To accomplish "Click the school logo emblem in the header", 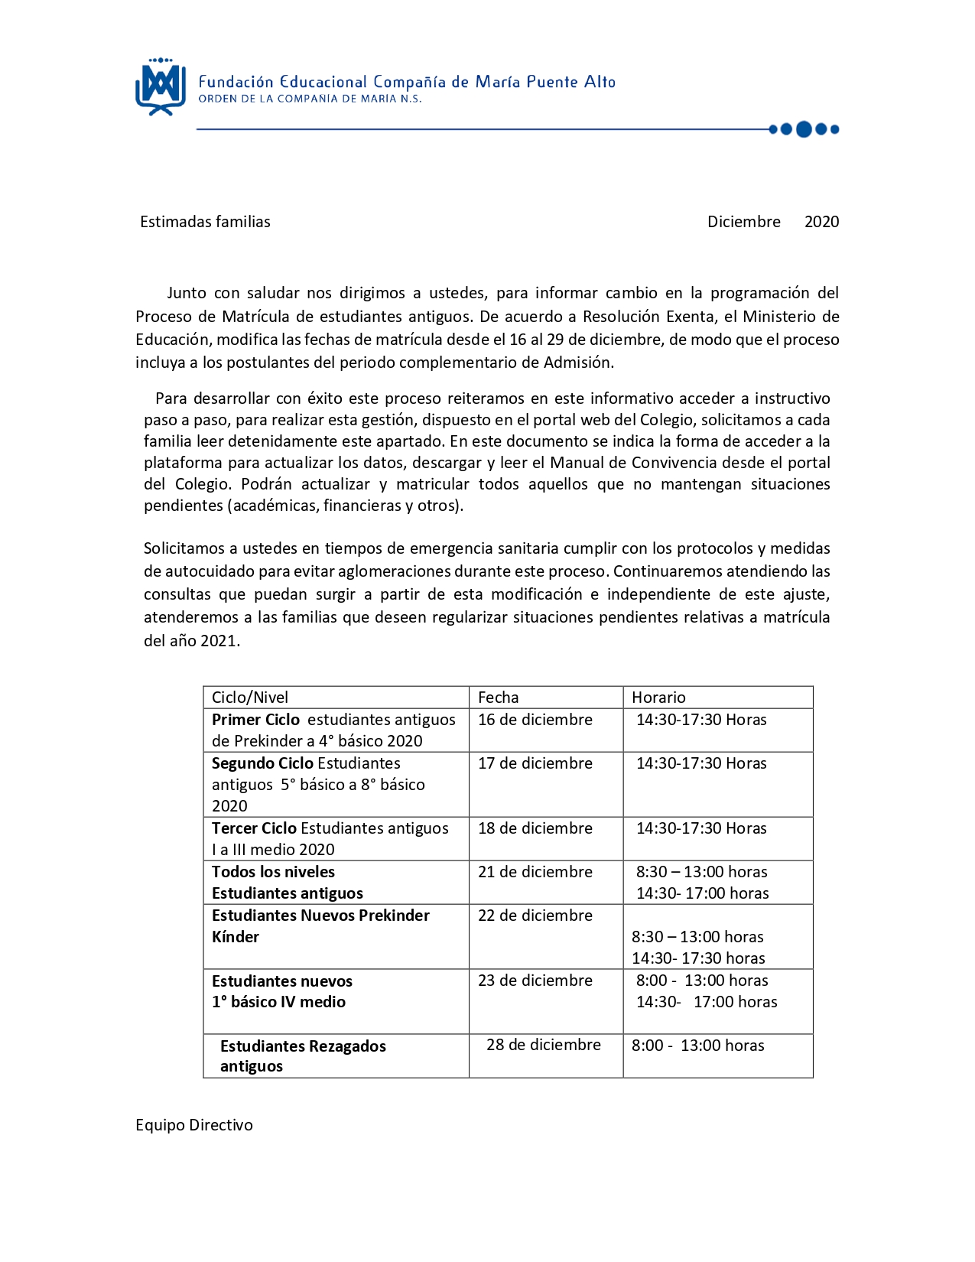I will coord(161,86).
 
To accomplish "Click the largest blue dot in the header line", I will coord(804,129).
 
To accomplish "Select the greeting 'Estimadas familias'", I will coord(205,222).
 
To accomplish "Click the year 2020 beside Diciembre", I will coord(821,222).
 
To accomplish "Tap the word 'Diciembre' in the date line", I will coord(743,222).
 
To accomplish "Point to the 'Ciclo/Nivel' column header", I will coord(250,698).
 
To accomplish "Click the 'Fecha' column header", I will coord(498,698).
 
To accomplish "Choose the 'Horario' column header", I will coord(658,698).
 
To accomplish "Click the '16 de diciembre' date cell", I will coord(535,720).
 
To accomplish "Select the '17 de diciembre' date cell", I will coord(535,763).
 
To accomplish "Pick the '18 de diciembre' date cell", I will coord(535,828).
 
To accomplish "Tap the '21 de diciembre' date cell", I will coord(535,872).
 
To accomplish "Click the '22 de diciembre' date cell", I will coord(535,916).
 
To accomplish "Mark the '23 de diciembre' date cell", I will coord(535,981).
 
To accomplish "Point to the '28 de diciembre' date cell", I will coord(544,1045).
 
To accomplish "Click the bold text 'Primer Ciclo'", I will coord(255,720).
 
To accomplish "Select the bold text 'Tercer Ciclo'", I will coord(254,828).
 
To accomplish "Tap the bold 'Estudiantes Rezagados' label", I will coord(303,1046).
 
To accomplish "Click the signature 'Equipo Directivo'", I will coord(194,1125).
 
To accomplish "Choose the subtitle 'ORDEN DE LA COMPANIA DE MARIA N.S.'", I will coord(310,99).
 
